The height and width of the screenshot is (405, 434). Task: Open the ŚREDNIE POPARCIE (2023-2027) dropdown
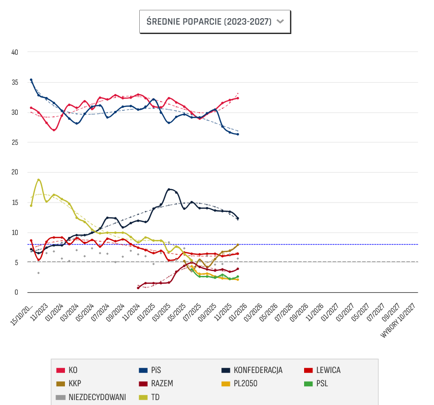pos(215,22)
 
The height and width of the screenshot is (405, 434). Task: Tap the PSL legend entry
pos(322,383)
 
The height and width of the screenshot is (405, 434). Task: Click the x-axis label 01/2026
pos(238,311)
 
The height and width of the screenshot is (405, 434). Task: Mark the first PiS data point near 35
pos(31,80)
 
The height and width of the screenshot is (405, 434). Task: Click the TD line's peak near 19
pos(38,180)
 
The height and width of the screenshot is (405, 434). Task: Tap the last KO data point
pos(238,98)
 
